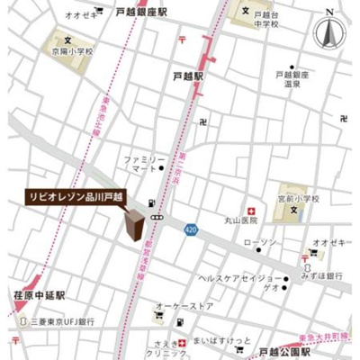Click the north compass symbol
328,32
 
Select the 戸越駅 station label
188,77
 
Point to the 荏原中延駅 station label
40,294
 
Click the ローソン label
260,243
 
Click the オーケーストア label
184,306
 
